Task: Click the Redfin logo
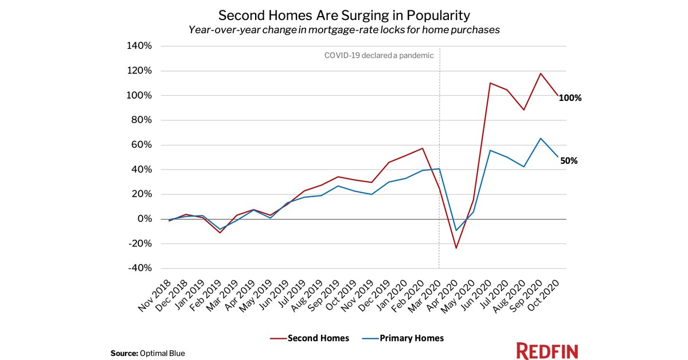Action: click(x=547, y=351)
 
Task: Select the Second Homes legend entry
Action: click(x=310, y=338)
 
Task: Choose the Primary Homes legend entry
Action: click(x=404, y=338)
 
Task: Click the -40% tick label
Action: click(x=139, y=268)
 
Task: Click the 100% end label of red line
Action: click(x=570, y=98)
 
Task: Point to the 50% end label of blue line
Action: click(x=568, y=161)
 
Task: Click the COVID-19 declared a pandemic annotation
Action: click(x=379, y=56)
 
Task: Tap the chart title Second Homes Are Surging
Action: click(x=344, y=14)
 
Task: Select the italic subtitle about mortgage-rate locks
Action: click(x=344, y=30)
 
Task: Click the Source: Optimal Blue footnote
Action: click(x=147, y=353)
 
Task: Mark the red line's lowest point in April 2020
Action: click(x=456, y=248)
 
